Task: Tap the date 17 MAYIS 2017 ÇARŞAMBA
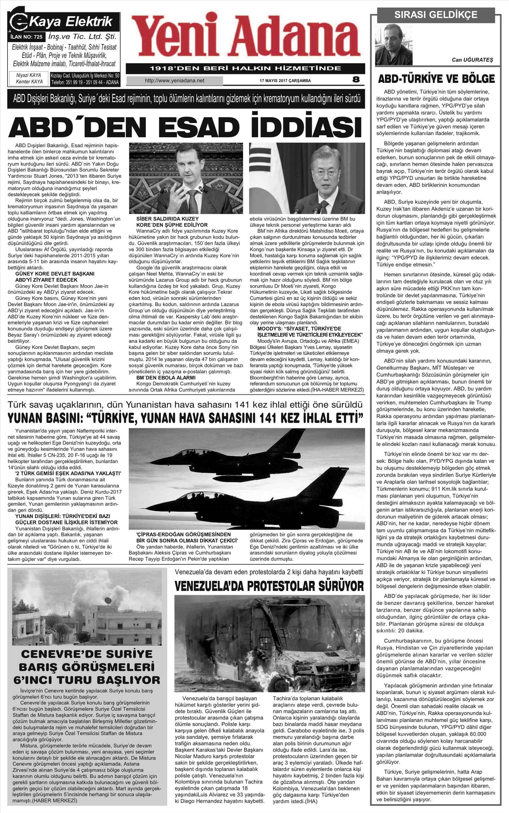(x=285, y=81)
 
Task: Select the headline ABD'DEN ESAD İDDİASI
(x=186, y=126)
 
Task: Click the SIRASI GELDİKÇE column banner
(x=436, y=15)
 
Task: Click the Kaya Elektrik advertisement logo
(x=64, y=22)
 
